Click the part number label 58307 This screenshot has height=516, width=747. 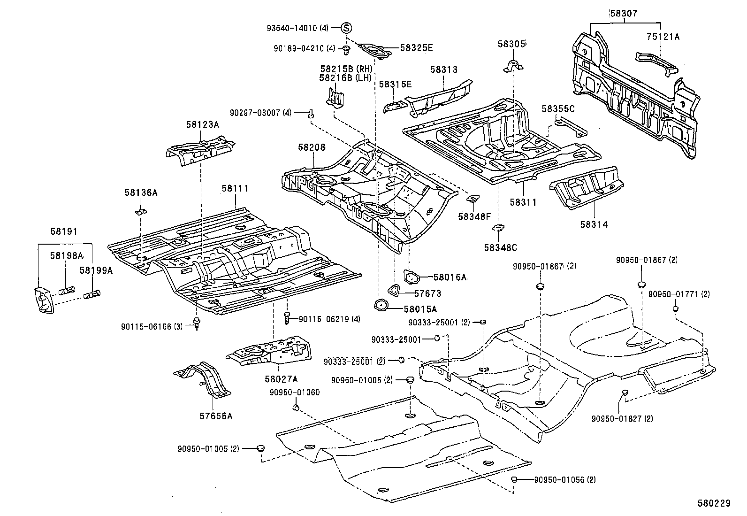[x=624, y=14]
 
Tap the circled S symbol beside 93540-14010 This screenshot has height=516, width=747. [x=347, y=28]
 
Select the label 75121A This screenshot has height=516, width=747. [x=663, y=37]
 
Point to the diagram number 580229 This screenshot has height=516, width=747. [x=714, y=503]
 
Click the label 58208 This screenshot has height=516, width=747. [x=312, y=147]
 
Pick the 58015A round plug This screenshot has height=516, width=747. [x=381, y=305]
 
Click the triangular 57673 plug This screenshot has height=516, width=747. [x=394, y=291]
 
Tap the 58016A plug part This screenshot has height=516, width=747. [x=411, y=277]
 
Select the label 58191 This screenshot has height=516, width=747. [x=64, y=231]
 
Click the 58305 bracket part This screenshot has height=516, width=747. [x=513, y=66]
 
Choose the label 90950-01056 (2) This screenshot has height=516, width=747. [x=565, y=480]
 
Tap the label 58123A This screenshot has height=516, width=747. [x=202, y=125]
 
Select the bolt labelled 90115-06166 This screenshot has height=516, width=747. [x=197, y=323]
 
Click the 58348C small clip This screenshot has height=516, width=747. [x=498, y=228]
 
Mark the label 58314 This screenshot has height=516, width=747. [x=594, y=224]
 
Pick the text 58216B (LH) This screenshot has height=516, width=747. [x=345, y=78]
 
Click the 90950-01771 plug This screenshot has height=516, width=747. [x=675, y=308]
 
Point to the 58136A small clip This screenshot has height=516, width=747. [x=141, y=212]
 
